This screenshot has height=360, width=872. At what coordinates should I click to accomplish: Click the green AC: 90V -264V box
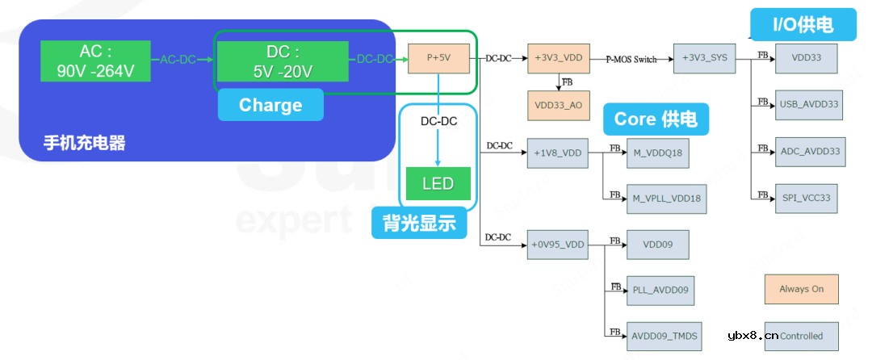click(x=95, y=61)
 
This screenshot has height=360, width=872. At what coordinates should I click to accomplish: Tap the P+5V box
click(x=438, y=59)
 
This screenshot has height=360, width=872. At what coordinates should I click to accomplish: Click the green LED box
click(x=438, y=183)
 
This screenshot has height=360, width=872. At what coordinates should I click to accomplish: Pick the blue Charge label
click(x=270, y=105)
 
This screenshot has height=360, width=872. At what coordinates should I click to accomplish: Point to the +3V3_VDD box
click(x=559, y=59)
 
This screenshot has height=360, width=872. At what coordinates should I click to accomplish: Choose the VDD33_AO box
click(x=559, y=105)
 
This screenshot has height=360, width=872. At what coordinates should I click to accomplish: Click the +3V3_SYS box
click(x=705, y=59)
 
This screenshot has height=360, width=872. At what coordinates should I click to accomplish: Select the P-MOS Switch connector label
click(x=631, y=59)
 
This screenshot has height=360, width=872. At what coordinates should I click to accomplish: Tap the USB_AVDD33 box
click(x=809, y=105)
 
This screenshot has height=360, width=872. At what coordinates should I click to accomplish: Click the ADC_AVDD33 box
click(x=810, y=151)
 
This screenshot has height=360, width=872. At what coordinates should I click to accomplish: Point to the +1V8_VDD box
click(x=558, y=153)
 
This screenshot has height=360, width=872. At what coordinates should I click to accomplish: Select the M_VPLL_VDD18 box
click(x=666, y=199)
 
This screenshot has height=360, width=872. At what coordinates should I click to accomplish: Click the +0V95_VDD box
click(x=558, y=245)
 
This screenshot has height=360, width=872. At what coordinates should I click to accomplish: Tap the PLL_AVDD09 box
click(x=660, y=291)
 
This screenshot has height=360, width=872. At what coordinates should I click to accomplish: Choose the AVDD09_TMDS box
click(x=664, y=336)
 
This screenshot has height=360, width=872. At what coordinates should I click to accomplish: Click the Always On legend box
click(x=801, y=289)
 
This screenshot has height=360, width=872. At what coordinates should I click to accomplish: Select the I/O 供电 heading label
click(x=803, y=25)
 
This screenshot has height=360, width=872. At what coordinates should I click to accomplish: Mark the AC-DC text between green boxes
click(x=179, y=60)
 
